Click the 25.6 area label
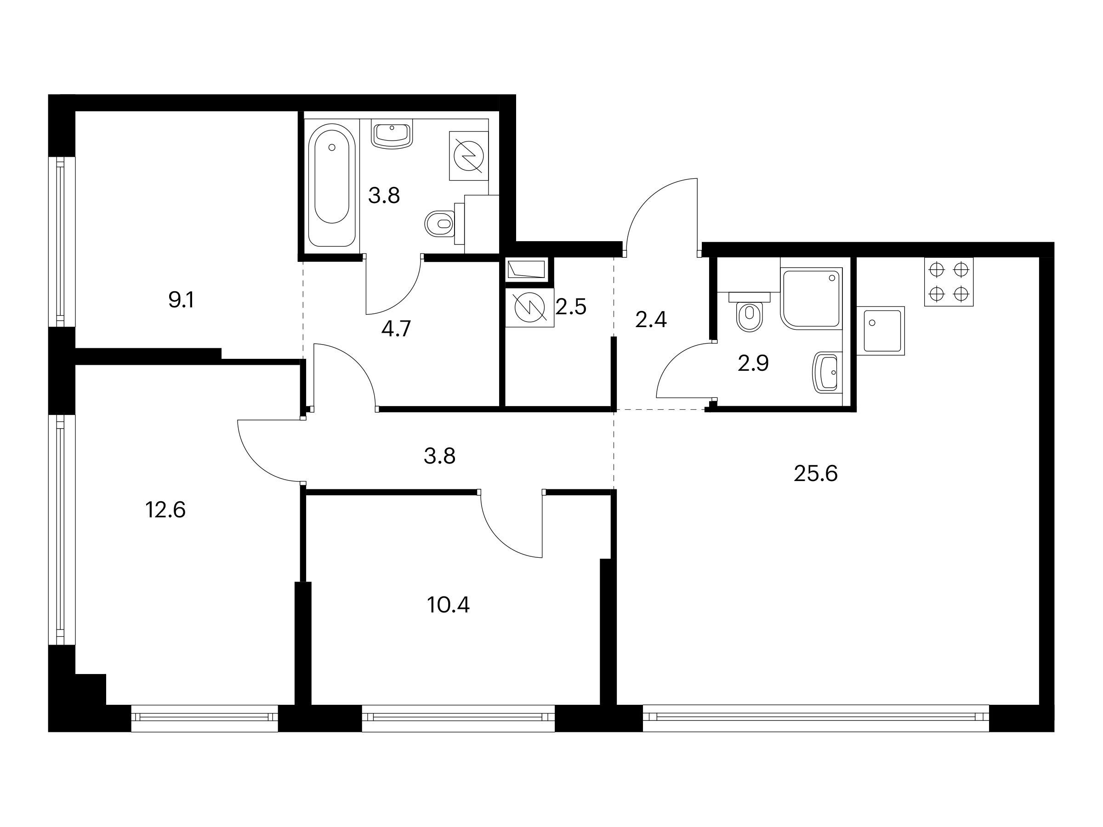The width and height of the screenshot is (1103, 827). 815,474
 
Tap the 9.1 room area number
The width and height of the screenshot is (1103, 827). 181,300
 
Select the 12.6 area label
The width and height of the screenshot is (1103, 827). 165,510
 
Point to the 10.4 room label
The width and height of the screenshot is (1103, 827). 448,605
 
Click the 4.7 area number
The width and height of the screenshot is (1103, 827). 396,329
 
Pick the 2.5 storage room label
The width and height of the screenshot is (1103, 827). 571,307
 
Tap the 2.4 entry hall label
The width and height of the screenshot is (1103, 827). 651,319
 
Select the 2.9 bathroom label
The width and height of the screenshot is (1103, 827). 753,363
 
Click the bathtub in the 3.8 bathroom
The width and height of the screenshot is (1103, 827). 332,185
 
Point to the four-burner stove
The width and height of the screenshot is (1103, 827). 949,282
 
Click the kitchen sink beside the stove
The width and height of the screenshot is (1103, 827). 881,331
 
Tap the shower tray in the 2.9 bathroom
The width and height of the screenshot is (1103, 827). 811,298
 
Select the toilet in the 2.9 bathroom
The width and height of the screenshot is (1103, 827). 750,312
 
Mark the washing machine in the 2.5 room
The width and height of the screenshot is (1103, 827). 529,309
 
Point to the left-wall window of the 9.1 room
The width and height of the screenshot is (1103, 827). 61,242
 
